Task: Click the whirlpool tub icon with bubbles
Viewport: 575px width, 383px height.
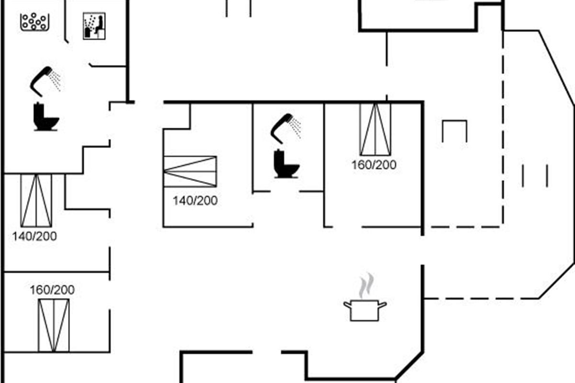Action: [34, 22]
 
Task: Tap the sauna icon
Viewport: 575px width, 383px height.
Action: [94, 26]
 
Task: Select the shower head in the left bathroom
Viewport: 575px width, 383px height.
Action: [46, 81]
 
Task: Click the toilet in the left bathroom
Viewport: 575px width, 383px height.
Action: [46, 117]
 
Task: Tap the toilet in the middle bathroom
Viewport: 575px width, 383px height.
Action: [286, 164]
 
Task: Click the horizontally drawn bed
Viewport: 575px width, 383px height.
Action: [190, 171]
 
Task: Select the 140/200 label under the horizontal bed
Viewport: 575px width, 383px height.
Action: [195, 201]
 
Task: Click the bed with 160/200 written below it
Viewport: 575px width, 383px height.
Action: [375, 129]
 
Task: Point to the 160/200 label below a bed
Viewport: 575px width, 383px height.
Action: [374, 165]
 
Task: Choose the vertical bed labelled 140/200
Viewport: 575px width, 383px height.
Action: [36, 200]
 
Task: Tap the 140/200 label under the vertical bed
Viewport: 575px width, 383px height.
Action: [34, 237]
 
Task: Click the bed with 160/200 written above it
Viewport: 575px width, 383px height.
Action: [54, 325]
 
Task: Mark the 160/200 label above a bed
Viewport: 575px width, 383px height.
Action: [52, 290]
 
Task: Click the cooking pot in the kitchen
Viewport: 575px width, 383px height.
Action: [365, 310]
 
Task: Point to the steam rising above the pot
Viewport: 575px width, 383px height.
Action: [366, 285]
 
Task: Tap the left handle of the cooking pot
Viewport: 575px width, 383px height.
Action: [347, 305]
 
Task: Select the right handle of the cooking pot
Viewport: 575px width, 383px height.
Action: [382, 305]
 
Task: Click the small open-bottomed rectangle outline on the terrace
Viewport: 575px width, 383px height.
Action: [455, 121]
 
